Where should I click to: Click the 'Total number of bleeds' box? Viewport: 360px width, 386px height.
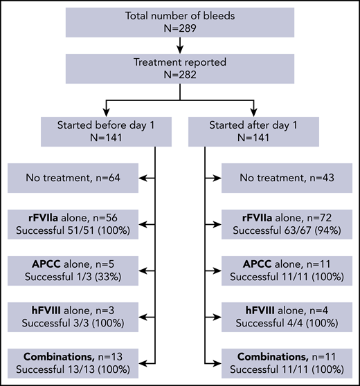click(x=179, y=22)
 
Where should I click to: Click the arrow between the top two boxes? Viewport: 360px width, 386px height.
click(x=179, y=45)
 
